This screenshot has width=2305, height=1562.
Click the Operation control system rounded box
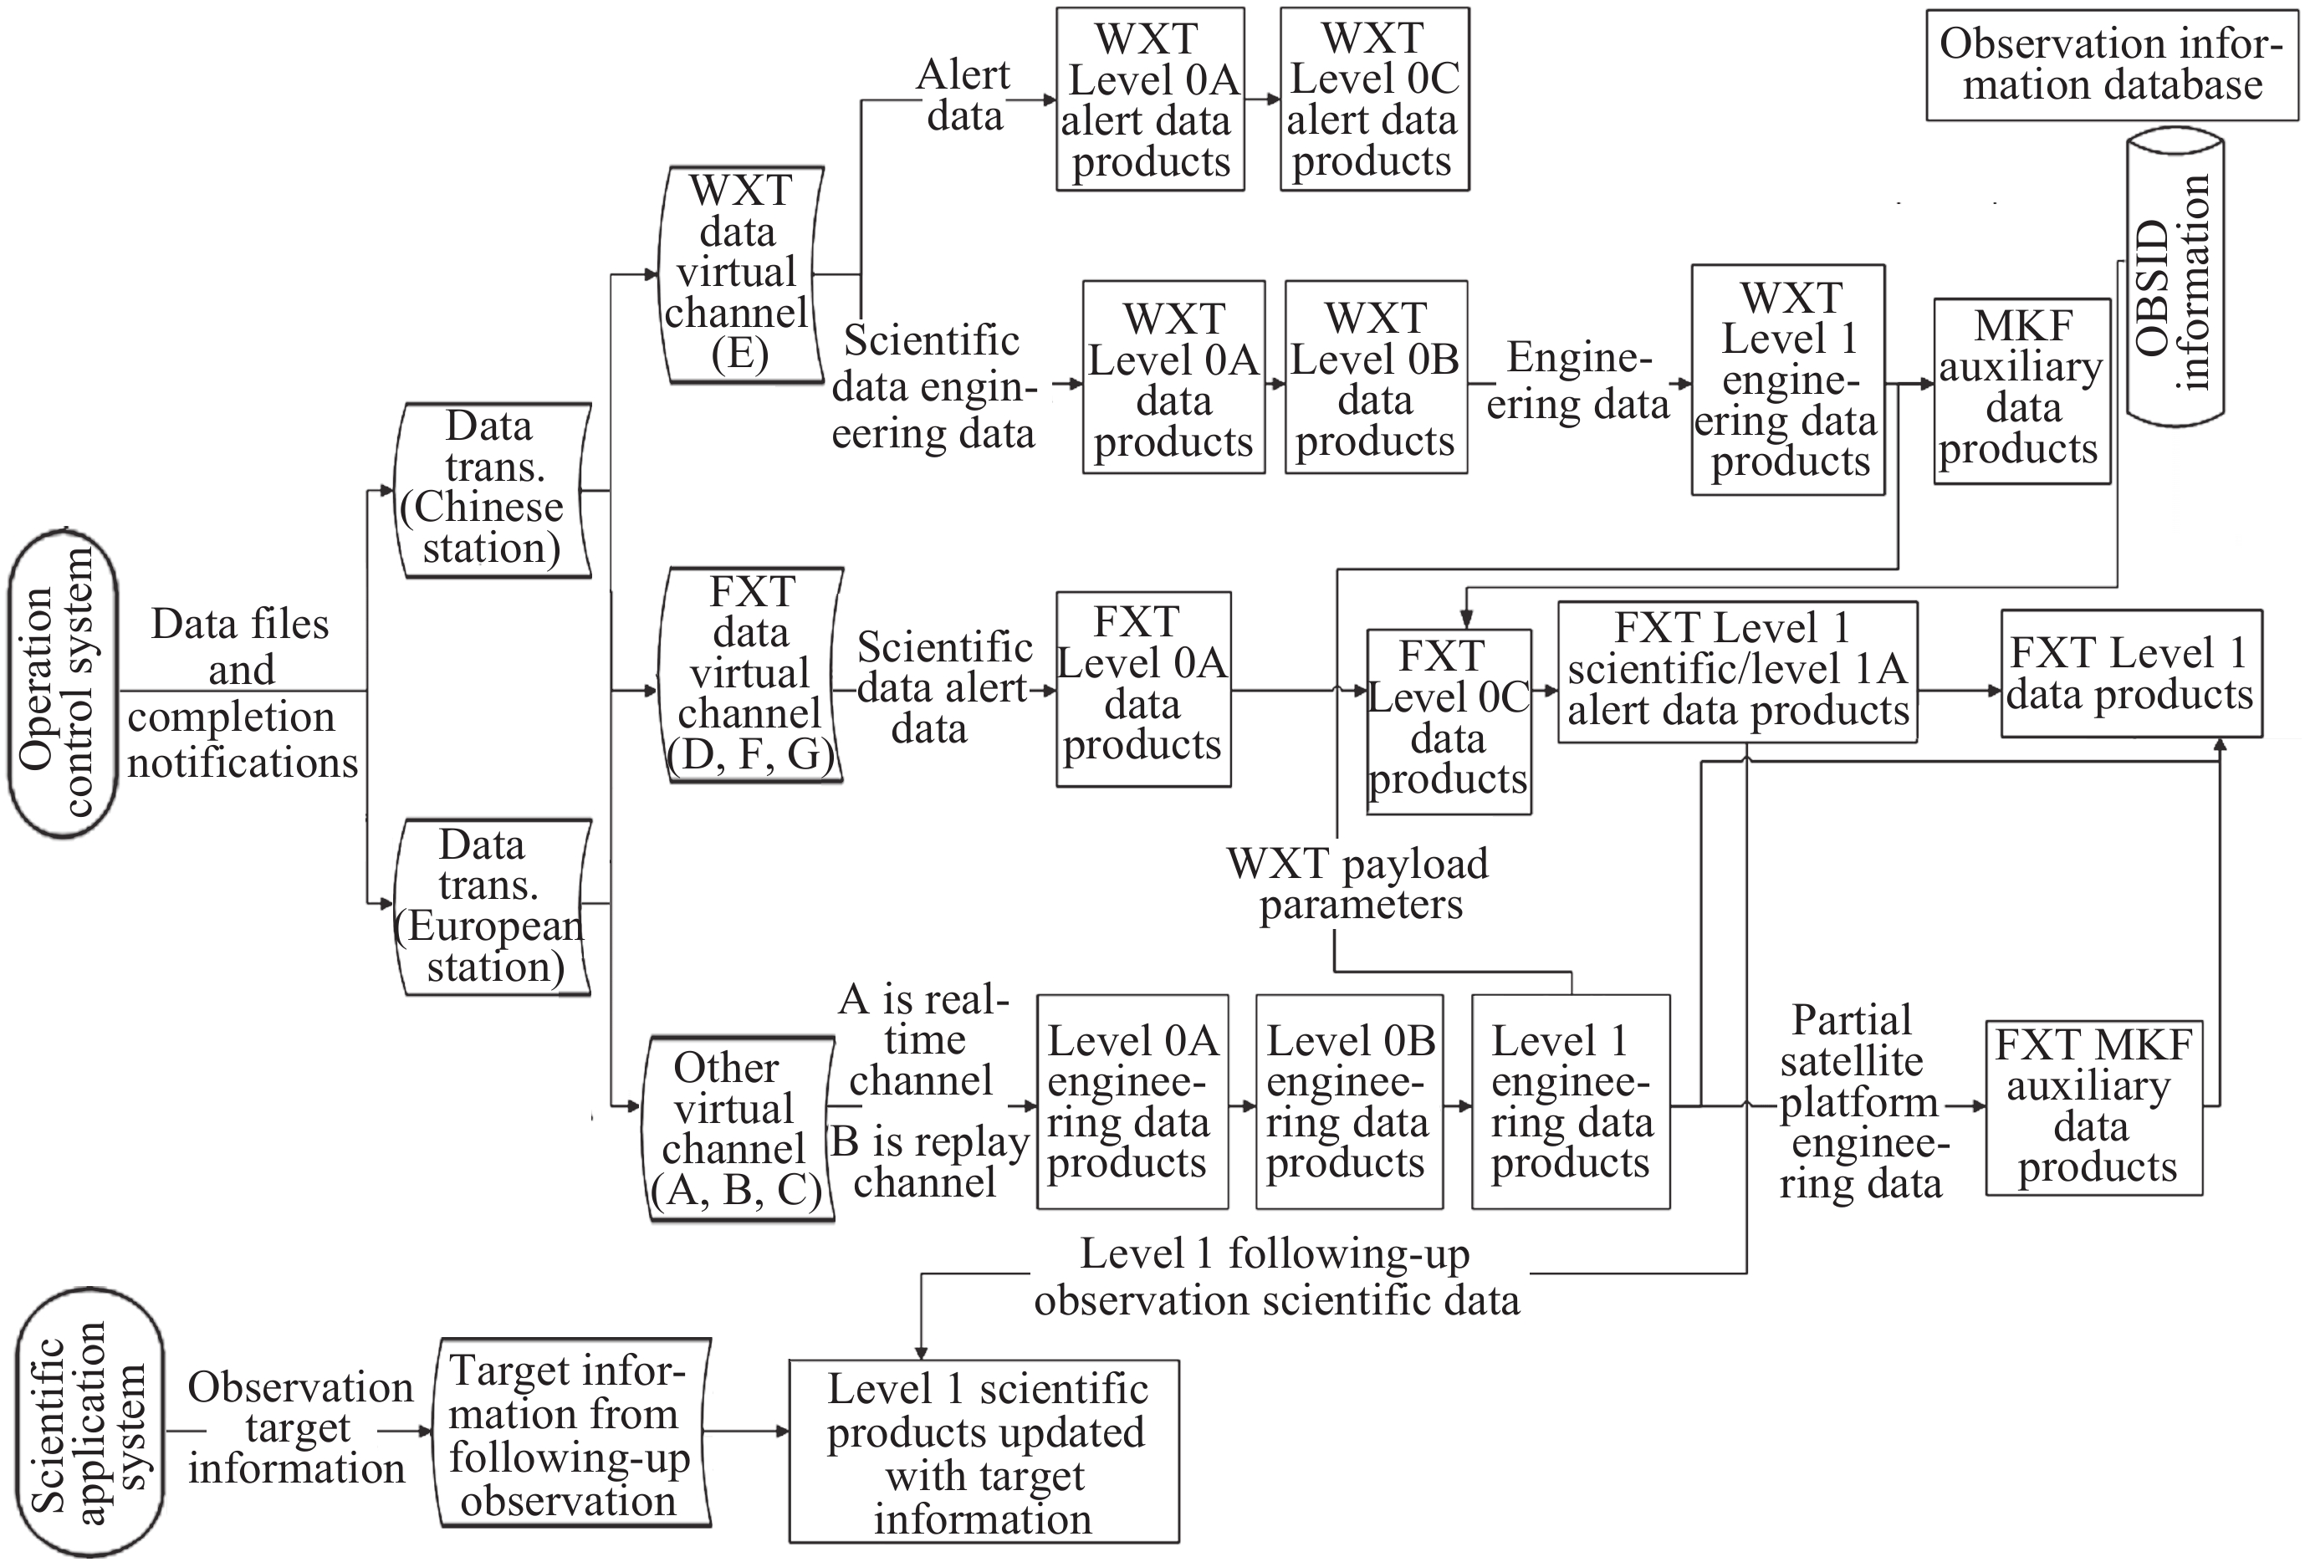(x=63, y=684)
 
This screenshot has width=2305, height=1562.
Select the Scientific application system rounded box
(x=89, y=1422)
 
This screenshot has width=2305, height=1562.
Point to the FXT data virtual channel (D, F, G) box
(x=751, y=675)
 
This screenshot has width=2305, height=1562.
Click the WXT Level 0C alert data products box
(x=1373, y=100)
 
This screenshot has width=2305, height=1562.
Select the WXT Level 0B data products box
(x=1376, y=378)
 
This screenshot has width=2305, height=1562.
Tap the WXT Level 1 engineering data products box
(x=1787, y=380)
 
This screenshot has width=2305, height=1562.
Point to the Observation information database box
(x=2112, y=64)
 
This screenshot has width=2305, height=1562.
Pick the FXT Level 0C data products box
(x=1448, y=721)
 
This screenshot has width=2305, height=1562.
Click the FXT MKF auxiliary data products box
(x=2093, y=1107)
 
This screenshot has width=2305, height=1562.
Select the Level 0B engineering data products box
(x=1348, y=1102)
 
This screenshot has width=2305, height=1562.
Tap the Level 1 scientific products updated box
(x=984, y=1451)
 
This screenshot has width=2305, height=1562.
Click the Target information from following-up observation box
(x=571, y=1432)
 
